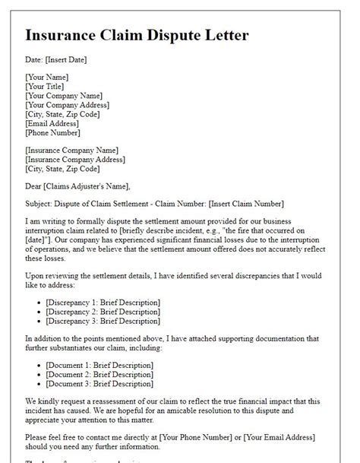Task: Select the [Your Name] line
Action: pyautogui.click(x=47, y=77)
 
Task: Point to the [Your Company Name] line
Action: pyautogui.click(x=64, y=96)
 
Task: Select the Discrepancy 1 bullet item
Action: pyautogui.click(x=103, y=303)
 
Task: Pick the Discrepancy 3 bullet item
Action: pyautogui.click(x=103, y=321)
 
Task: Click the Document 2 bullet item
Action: pyautogui.click(x=99, y=374)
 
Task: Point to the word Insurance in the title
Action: pyautogui.click(x=66, y=36)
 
